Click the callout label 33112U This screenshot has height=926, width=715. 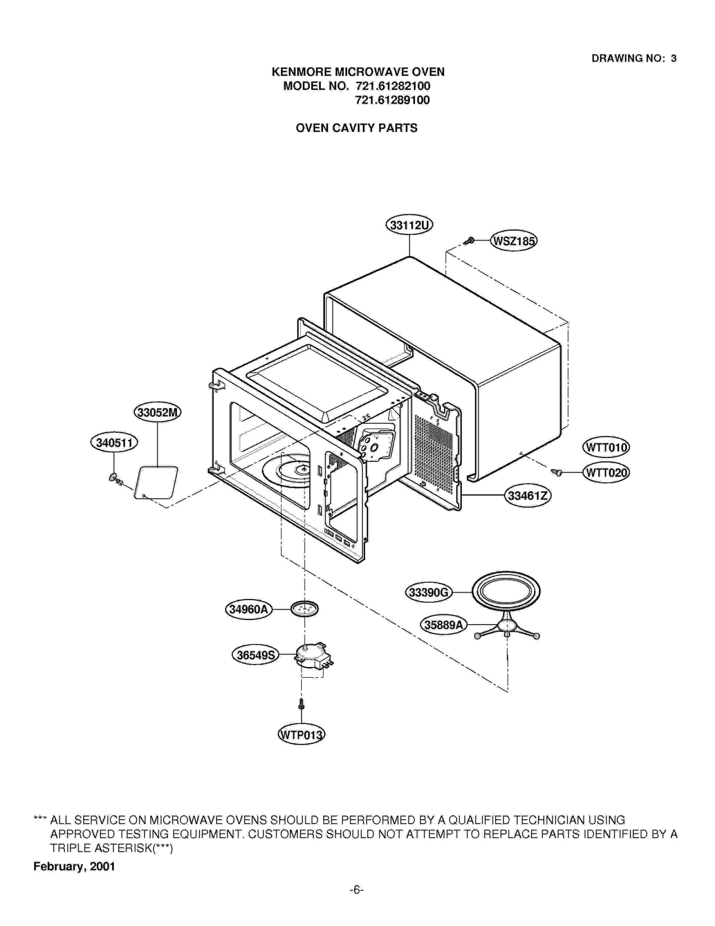pyautogui.click(x=409, y=225)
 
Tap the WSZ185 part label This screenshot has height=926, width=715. pyautogui.click(x=513, y=241)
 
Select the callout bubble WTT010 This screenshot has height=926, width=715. pyautogui.click(x=606, y=448)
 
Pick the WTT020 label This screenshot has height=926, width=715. pyautogui.click(x=606, y=473)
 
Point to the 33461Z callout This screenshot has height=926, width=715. pyautogui.click(x=527, y=496)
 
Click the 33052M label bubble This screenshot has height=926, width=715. pyautogui.click(x=157, y=412)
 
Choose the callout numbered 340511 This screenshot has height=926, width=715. pyautogui.click(x=114, y=443)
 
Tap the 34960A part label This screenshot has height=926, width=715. pyautogui.click(x=248, y=609)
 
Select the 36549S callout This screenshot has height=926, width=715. pyautogui.click(x=255, y=655)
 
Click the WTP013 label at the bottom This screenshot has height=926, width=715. pyautogui.click(x=301, y=735)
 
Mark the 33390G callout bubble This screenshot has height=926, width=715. pyautogui.click(x=428, y=592)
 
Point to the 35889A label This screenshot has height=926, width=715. pyautogui.click(x=443, y=625)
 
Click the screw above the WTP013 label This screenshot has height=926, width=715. pyautogui.click(x=301, y=704)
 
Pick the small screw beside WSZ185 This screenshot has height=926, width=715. pyautogui.click(x=469, y=241)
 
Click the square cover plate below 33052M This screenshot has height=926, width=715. pyautogui.click(x=156, y=482)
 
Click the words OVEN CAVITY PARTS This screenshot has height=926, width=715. pyautogui.click(x=356, y=128)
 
